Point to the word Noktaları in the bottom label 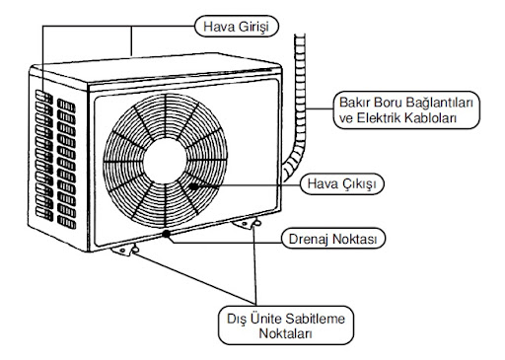pos(287,334)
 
